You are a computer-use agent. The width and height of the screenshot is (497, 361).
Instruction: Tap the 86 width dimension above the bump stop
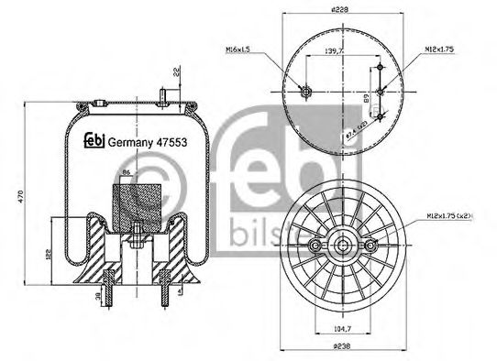[126, 172]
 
